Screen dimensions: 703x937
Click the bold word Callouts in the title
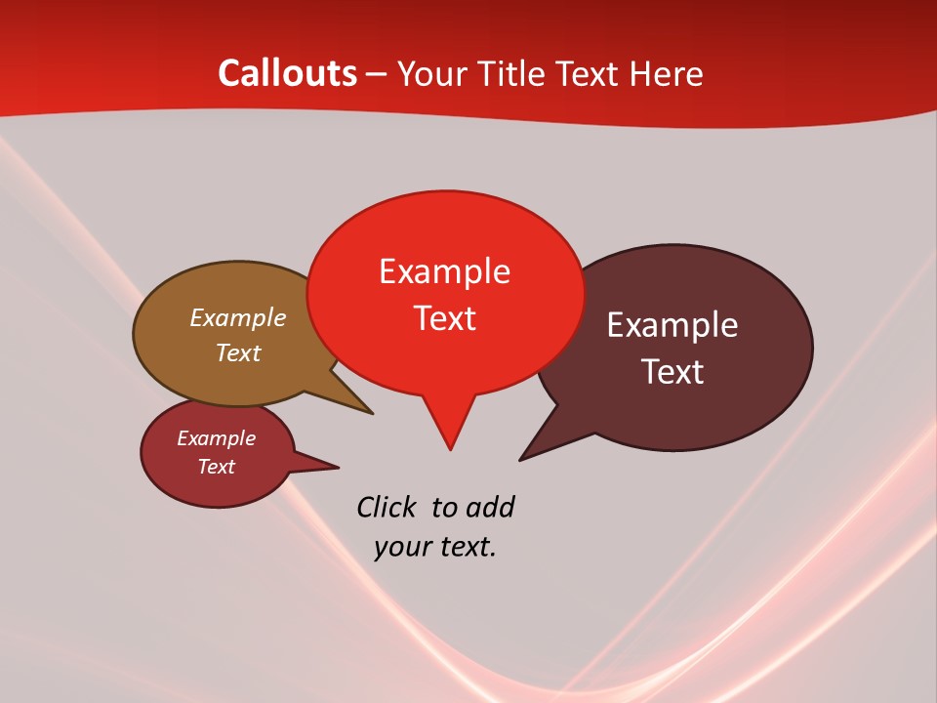pyautogui.click(x=287, y=73)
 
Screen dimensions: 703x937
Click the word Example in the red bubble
pyautogui.click(x=444, y=271)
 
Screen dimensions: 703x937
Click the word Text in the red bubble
pyautogui.click(x=444, y=318)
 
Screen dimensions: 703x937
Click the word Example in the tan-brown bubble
pyautogui.click(x=237, y=318)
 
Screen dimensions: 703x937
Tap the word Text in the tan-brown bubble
pyautogui.click(x=237, y=352)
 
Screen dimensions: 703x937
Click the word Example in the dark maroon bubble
pyautogui.click(x=672, y=325)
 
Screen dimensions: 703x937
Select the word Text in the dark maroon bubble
pyautogui.click(x=672, y=372)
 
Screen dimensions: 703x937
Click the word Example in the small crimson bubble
pyautogui.click(x=216, y=438)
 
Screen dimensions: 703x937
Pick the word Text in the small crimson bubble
pyautogui.click(x=216, y=467)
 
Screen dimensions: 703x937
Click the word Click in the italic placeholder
pyautogui.click(x=387, y=507)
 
